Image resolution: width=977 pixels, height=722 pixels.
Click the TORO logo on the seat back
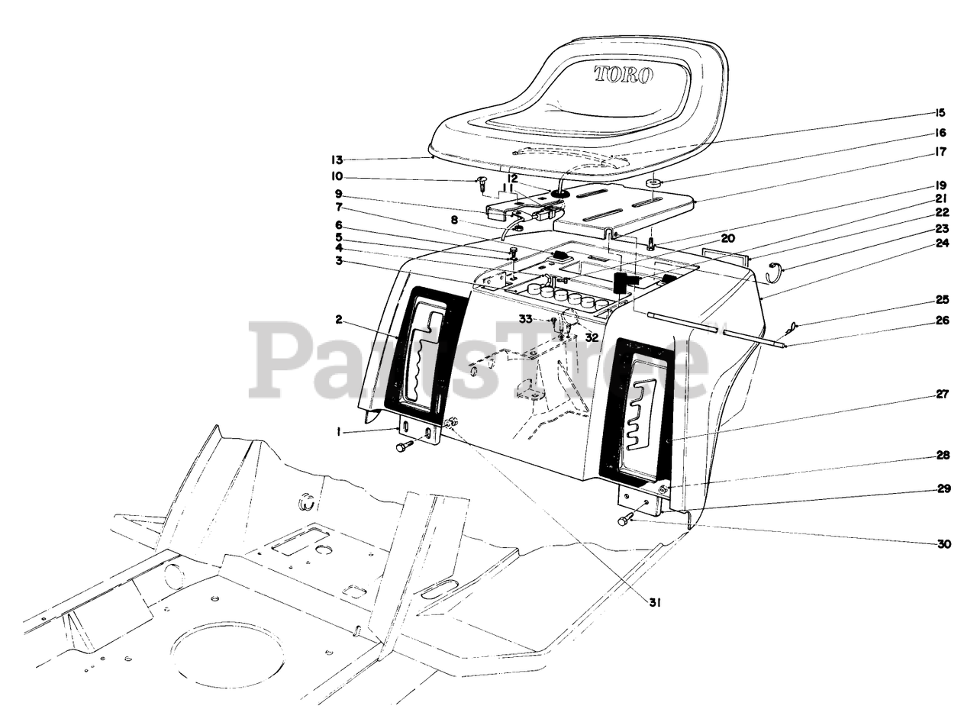click(x=624, y=75)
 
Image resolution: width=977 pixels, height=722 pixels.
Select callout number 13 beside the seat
click(x=337, y=160)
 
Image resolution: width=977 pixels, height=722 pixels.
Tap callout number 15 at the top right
click(x=940, y=113)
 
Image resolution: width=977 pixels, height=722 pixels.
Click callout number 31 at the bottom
click(x=654, y=602)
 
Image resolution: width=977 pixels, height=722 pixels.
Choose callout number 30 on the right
click(x=944, y=544)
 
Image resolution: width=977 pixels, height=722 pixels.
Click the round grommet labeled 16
click(x=653, y=184)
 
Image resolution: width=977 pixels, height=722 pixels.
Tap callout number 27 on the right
click(x=942, y=395)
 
